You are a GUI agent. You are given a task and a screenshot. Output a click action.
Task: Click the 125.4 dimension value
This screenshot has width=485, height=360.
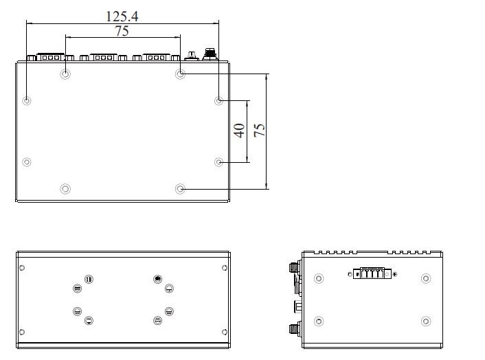point(122,16)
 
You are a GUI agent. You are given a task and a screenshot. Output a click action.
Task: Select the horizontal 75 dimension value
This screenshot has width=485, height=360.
point(122,31)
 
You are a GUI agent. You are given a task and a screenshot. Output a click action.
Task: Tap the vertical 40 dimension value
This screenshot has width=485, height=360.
point(239,131)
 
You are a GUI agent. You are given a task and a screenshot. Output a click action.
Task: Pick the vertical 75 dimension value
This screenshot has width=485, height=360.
point(259,131)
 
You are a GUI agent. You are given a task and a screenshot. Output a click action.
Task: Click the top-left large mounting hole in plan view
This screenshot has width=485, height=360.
point(65,74)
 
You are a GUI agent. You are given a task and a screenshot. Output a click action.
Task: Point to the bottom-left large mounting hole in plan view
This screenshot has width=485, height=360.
point(65,189)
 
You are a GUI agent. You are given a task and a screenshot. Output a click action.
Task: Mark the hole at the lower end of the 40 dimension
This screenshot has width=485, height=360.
point(218,161)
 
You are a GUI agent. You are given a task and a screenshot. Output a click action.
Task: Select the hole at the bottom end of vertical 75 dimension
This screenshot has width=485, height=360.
point(180,189)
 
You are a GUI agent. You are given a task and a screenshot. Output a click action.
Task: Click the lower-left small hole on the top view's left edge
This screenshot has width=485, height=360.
point(27,161)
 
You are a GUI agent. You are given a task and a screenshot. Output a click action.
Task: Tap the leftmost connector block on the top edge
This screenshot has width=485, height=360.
point(50,57)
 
